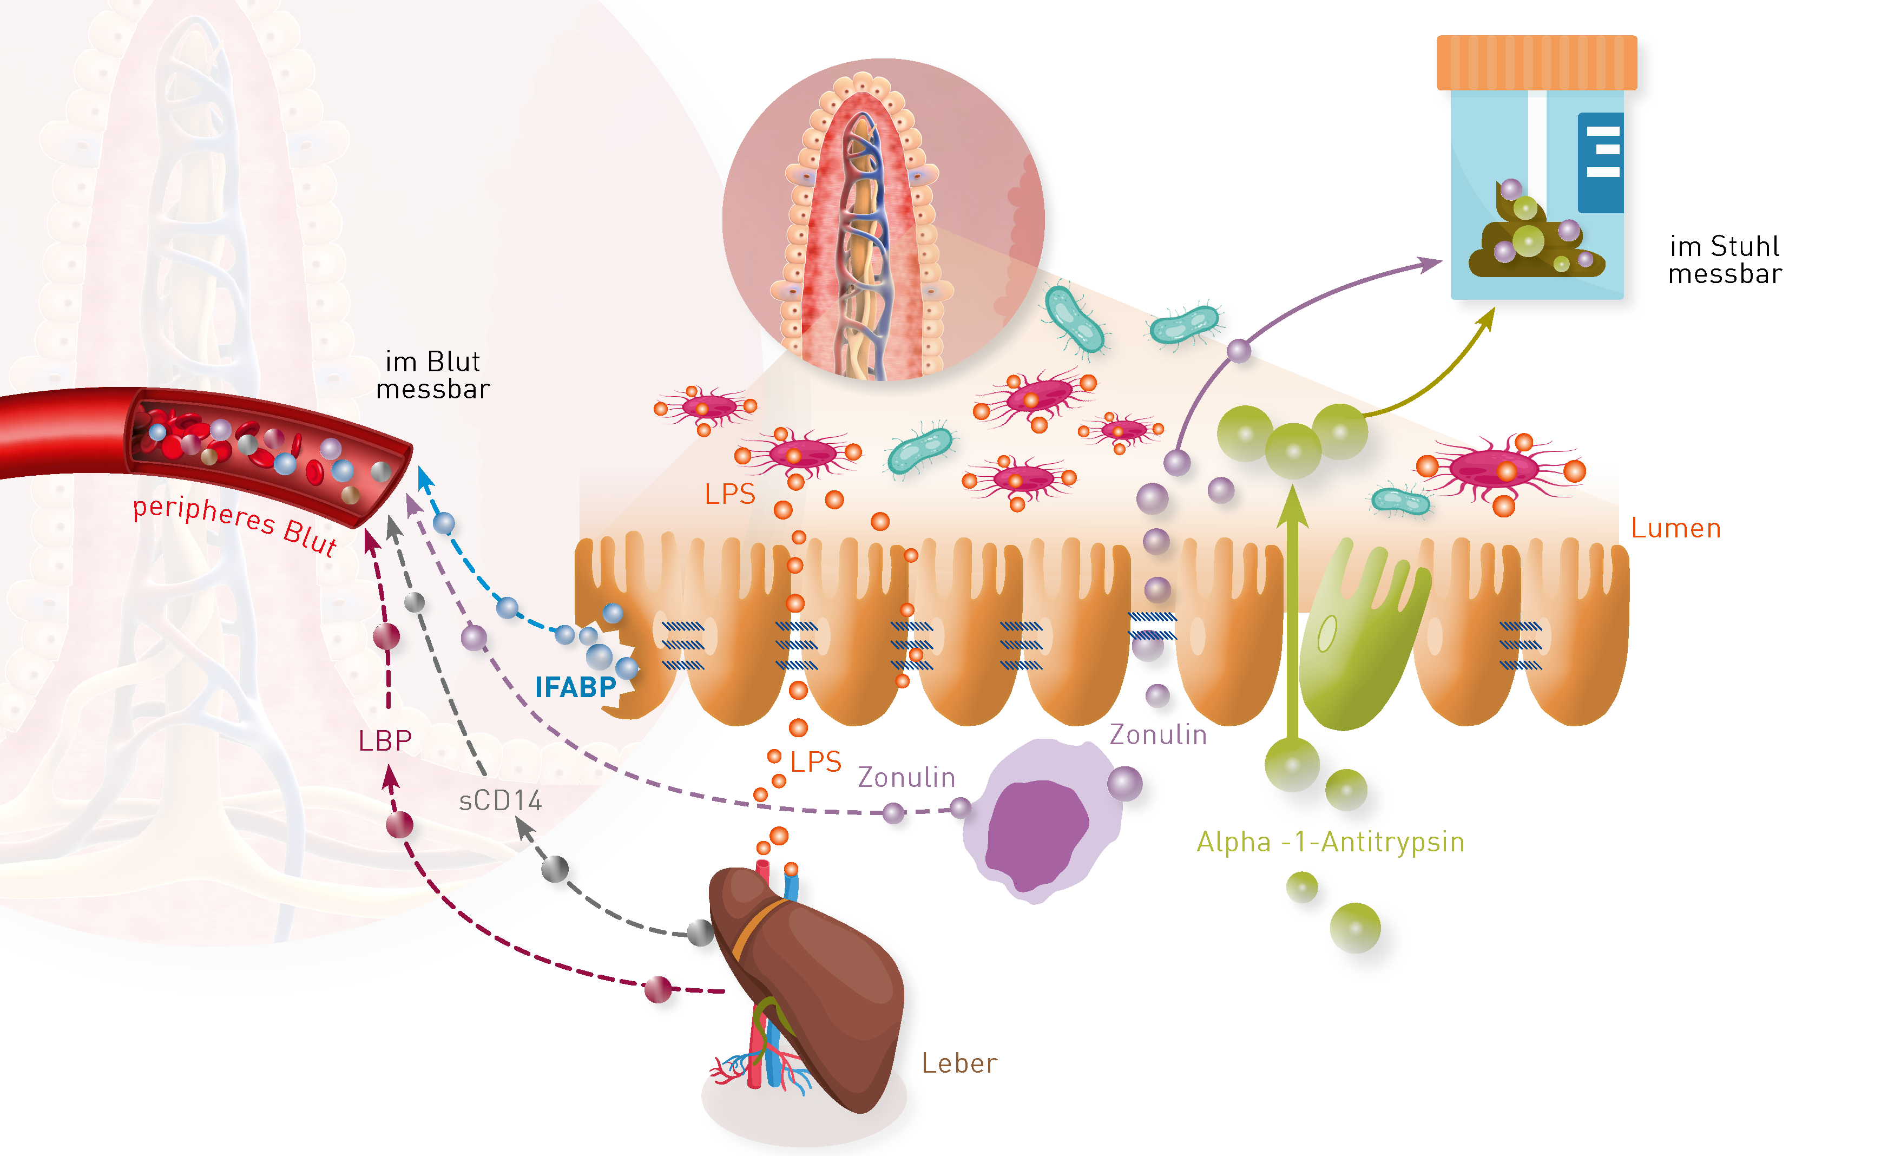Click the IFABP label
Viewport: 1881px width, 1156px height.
(x=575, y=687)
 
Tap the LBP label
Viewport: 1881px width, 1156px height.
(x=385, y=740)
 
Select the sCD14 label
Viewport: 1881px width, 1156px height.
(x=501, y=800)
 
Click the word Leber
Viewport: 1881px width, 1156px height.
(x=959, y=1063)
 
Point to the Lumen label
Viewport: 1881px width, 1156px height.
(x=1675, y=528)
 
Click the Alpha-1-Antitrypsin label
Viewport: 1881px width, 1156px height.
(x=1330, y=842)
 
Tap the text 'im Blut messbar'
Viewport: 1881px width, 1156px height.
(x=432, y=376)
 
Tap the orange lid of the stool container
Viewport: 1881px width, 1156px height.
(x=1536, y=63)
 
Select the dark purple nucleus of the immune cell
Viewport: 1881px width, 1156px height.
(x=1036, y=833)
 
